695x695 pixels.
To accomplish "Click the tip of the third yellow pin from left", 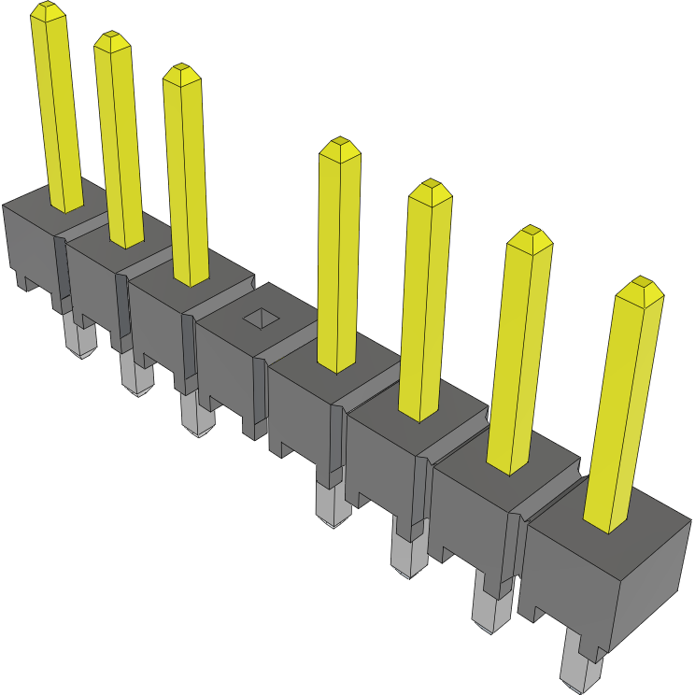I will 181,73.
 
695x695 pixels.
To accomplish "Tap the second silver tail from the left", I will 136,378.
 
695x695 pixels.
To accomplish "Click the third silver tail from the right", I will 405,555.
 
